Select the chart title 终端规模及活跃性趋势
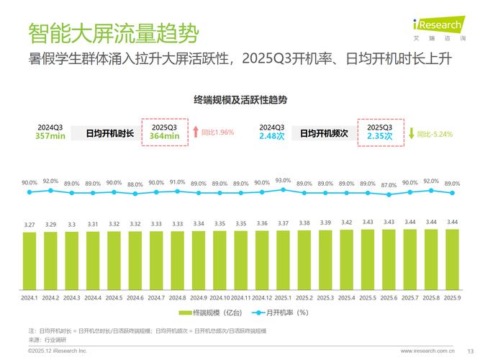[240, 99]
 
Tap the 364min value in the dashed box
[164, 136]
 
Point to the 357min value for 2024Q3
[51, 136]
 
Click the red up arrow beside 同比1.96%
[195, 132]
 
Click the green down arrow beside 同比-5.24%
[412, 132]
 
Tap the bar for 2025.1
[283, 260]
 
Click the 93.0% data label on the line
[283, 181]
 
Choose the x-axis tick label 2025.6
[389, 297]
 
